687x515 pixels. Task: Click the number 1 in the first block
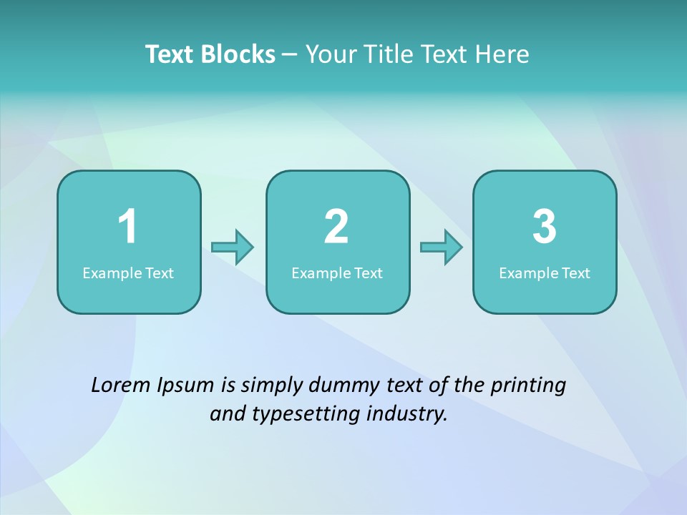(x=127, y=227)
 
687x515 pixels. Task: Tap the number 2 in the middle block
(x=336, y=227)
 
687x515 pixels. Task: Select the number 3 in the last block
(x=545, y=227)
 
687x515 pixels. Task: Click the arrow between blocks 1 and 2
(x=233, y=247)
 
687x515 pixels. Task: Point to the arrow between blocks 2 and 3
(x=442, y=247)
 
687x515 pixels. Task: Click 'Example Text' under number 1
(x=128, y=273)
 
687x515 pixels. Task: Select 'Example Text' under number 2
(x=337, y=273)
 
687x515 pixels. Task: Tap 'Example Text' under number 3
(x=545, y=273)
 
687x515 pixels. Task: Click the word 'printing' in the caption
(x=528, y=386)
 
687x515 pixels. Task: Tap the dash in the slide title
(x=290, y=55)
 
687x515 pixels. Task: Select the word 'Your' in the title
(x=329, y=54)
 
